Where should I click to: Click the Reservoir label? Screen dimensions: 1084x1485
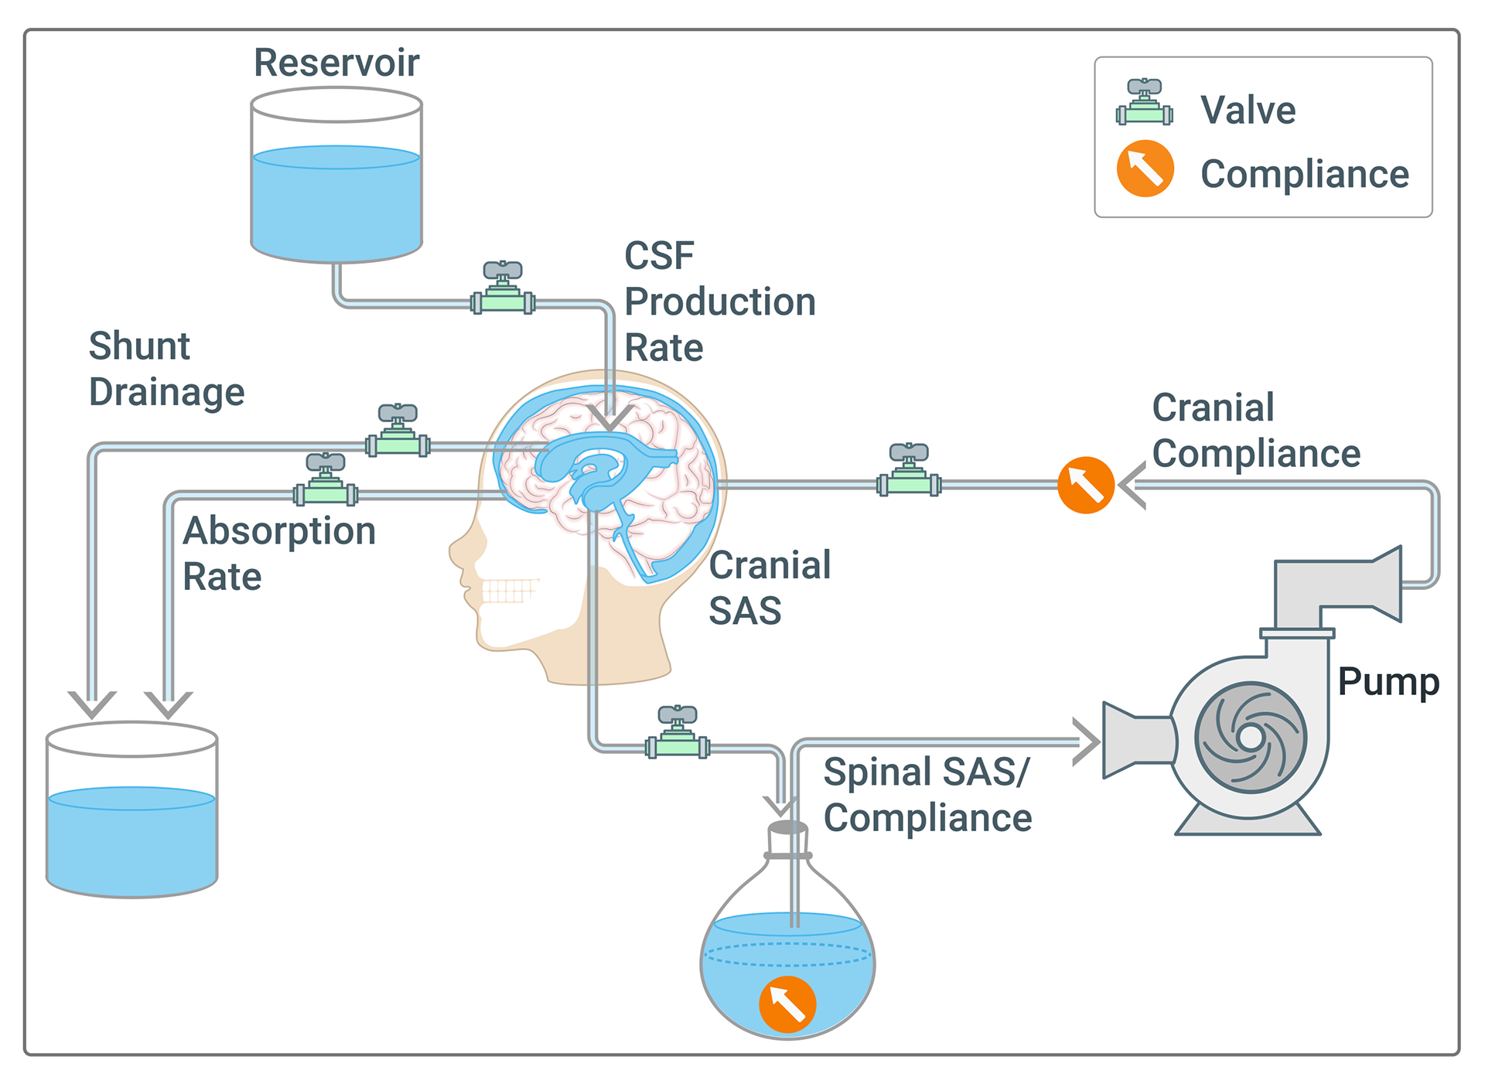(336, 63)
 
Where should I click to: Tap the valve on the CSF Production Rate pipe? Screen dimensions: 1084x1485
(503, 290)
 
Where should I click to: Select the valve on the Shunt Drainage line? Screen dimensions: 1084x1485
(398, 432)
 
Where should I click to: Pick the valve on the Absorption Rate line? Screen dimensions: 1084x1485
(326, 482)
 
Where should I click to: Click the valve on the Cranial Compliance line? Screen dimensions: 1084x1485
(909, 472)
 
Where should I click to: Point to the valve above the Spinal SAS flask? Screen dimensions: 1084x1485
(678, 734)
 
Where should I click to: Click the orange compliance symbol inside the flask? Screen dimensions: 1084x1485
(787, 1004)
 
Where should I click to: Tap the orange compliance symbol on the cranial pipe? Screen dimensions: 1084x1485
(1086, 486)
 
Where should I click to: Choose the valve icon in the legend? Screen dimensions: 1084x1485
(1145, 103)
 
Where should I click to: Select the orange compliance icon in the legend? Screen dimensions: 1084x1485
(1145, 169)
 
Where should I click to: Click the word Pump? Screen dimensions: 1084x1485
(1388, 682)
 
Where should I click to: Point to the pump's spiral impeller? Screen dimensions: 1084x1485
(1250, 737)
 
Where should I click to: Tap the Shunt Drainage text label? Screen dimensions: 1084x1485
(166, 369)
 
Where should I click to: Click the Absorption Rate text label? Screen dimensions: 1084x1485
(279, 554)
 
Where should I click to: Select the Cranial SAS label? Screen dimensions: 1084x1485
(770, 588)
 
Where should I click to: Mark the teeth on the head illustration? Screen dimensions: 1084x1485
(509, 591)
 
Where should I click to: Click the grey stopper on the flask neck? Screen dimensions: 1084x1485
(788, 828)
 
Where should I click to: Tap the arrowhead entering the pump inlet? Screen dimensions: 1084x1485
(1087, 741)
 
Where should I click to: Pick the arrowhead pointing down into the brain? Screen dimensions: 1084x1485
(610, 418)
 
